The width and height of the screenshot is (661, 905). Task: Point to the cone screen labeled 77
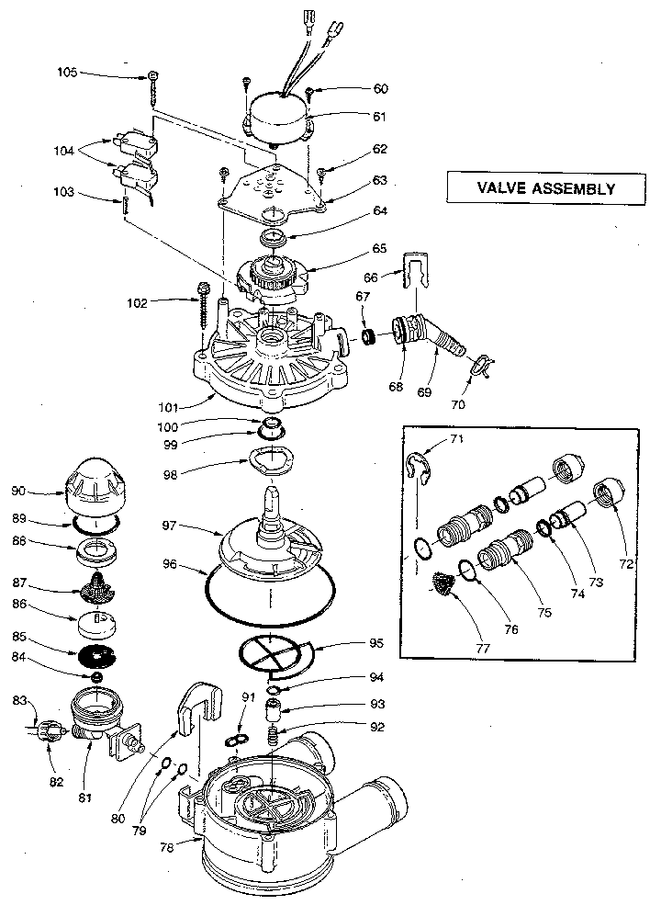pos(443,584)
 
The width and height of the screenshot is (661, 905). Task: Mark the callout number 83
pos(20,701)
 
